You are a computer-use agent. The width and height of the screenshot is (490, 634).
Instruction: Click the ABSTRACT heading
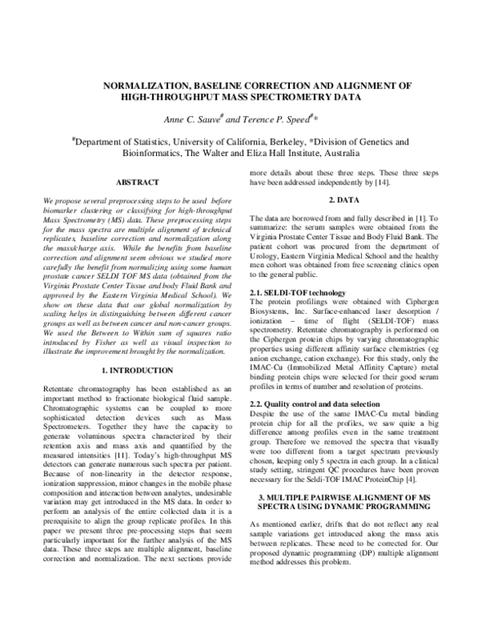tap(137, 181)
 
